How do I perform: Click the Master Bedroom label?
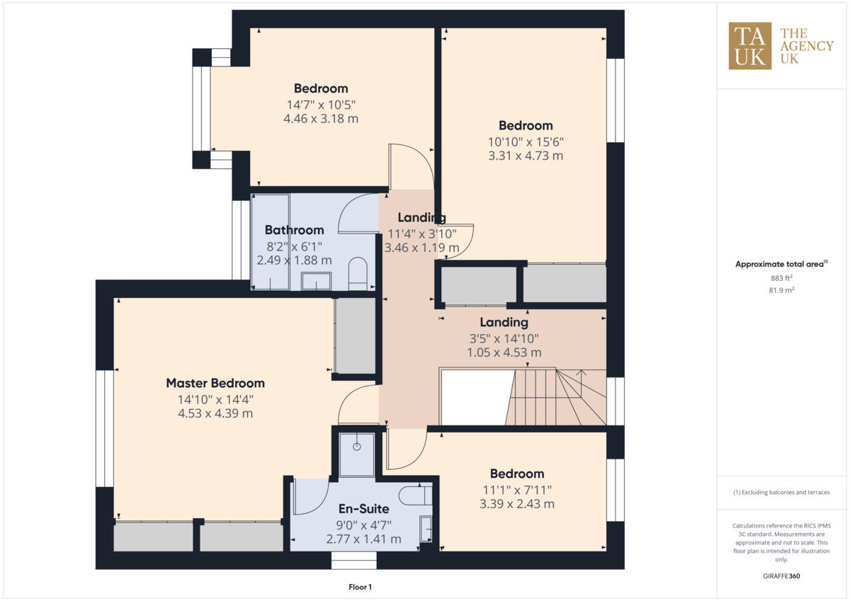[215, 383]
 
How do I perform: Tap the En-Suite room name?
[363, 509]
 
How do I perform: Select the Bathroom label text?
[294, 230]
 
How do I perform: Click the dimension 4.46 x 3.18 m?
[321, 119]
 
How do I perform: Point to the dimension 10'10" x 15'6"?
[526, 141]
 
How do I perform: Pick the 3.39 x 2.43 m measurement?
[516, 504]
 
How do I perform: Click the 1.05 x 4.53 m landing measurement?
[504, 352]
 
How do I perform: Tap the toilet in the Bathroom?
[358, 273]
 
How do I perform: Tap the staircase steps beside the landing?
[556, 397]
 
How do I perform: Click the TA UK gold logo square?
[750, 46]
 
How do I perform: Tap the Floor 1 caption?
[360, 587]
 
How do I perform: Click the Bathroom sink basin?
[317, 281]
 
